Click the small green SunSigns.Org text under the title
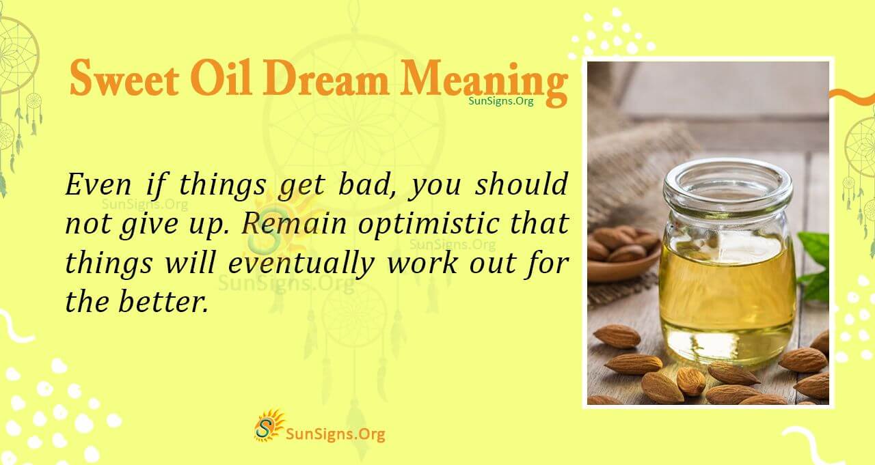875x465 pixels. point(501,101)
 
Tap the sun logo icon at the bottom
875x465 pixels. point(269,426)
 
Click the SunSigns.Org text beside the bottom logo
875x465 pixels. point(335,434)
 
